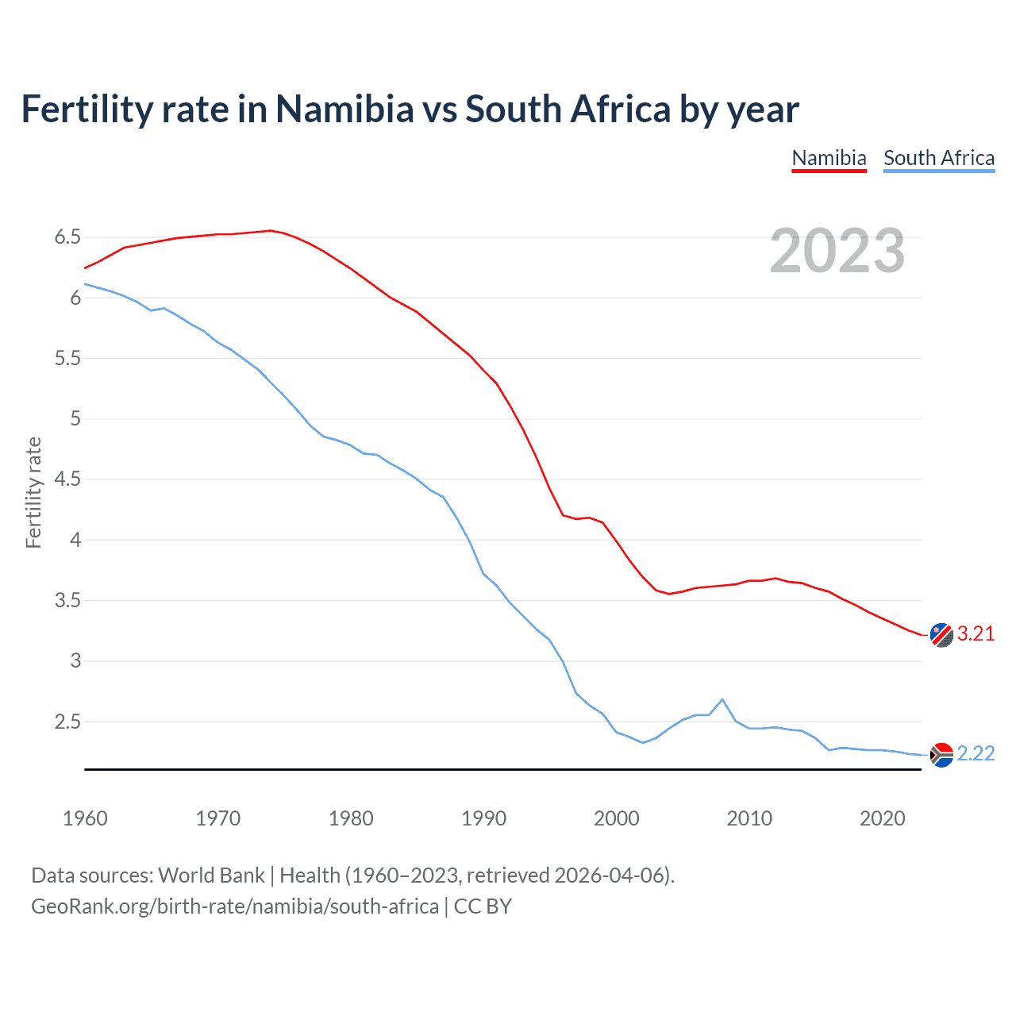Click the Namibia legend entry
(829, 158)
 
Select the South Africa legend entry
(939, 158)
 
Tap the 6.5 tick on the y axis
(67, 237)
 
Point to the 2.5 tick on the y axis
(67, 722)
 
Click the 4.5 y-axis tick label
(67, 479)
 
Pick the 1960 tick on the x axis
(85, 818)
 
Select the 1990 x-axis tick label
(483, 818)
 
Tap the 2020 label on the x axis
(882, 818)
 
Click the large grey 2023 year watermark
(837, 251)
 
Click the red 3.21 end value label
(976, 633)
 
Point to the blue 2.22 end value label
(976, 753)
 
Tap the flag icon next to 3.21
(941, 635)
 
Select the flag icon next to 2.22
(941, 755)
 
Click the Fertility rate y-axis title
(33, 492)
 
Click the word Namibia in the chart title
(344, 109)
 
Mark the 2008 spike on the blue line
(722, 699)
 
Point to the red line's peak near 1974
(270, 230)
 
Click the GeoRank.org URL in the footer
(235, 906)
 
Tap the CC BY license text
(483, 906)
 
